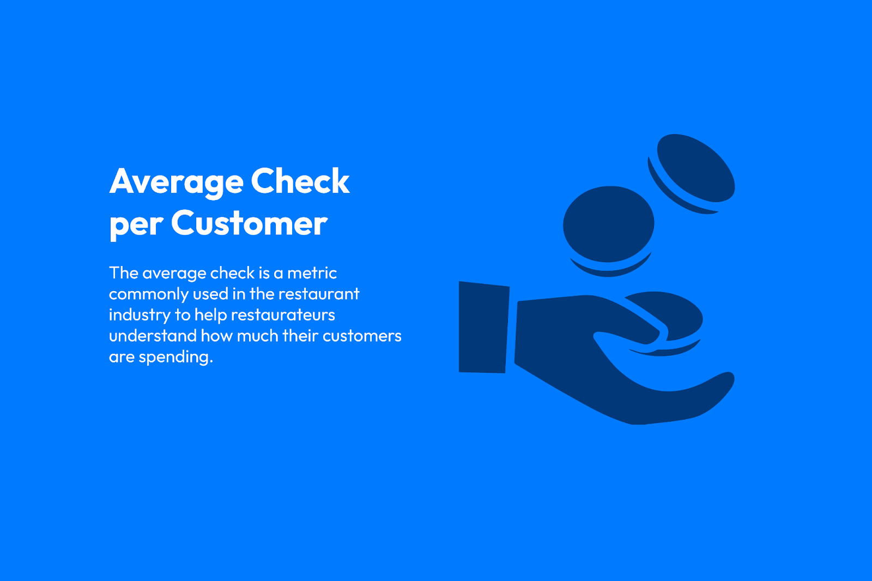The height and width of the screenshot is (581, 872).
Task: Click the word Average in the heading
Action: point(177,182)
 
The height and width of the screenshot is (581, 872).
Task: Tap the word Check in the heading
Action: point(300,181)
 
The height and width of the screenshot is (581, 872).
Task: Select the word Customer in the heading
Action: point(249,223)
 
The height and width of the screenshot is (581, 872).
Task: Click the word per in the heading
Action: point(136,227)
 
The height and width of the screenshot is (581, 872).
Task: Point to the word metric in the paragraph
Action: point(312,273)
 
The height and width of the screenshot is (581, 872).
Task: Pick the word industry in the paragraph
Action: point(140,316)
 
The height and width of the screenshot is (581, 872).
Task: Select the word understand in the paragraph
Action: point(153,336)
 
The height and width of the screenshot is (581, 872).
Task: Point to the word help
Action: point(210,316)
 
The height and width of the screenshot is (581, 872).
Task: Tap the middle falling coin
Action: point(608,230)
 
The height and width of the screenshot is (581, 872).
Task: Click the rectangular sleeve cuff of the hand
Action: point(483,327)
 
